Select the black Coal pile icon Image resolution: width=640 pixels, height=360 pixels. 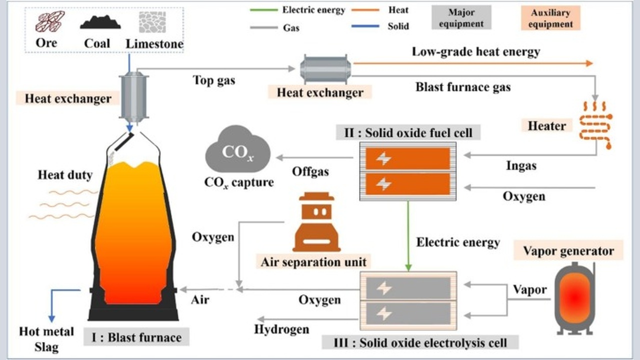(x=100, y=22)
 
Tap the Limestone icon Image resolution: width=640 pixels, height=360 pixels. (x=152, y=22)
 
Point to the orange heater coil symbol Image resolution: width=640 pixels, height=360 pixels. (x=595, y=125)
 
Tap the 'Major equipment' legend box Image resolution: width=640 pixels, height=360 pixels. (x=461, y=17)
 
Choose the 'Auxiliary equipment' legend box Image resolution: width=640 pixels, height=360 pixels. (x=550, y=18)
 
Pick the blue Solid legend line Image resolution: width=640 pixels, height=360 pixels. (x=365, y=26)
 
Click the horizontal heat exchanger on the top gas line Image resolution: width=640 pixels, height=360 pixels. (x=325, y=69)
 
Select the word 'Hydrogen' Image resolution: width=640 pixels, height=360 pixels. (x=281, y=329)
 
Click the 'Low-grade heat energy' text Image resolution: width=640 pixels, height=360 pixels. (x=475, y=51)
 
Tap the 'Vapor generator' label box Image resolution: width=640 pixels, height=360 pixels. (x=568, y=250)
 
